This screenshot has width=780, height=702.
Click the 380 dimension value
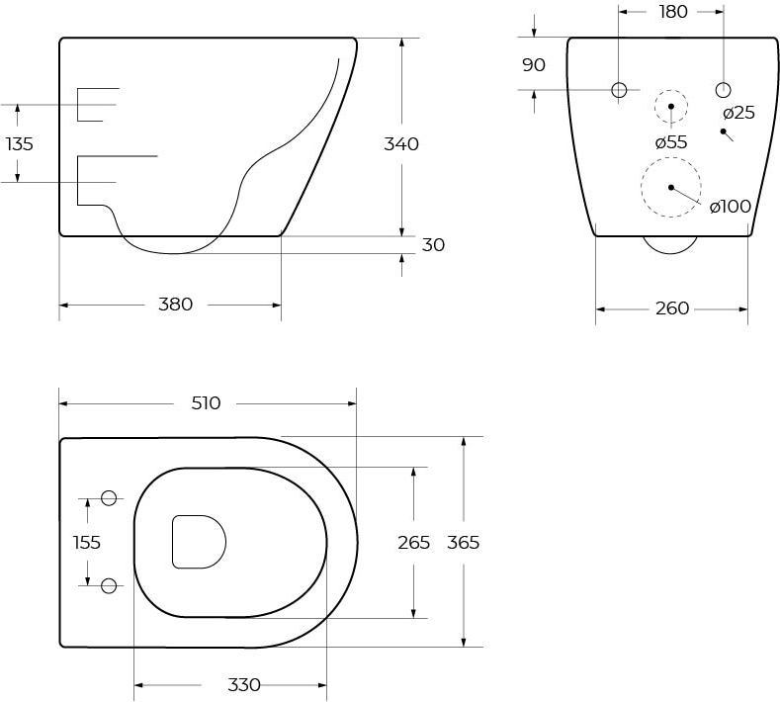(175, 304)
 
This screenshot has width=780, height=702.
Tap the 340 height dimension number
(401, 143)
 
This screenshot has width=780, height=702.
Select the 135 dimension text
(20, 143)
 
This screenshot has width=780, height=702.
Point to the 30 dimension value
(433, 245)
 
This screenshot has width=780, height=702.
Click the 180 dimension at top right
(673, 12)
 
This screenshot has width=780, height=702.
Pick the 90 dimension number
(534, 64)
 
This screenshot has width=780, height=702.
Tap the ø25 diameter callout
(739, 113)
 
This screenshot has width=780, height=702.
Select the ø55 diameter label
(671, 142)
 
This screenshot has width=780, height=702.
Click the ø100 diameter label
(731, 206)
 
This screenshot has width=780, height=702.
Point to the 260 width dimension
(672, 308)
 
